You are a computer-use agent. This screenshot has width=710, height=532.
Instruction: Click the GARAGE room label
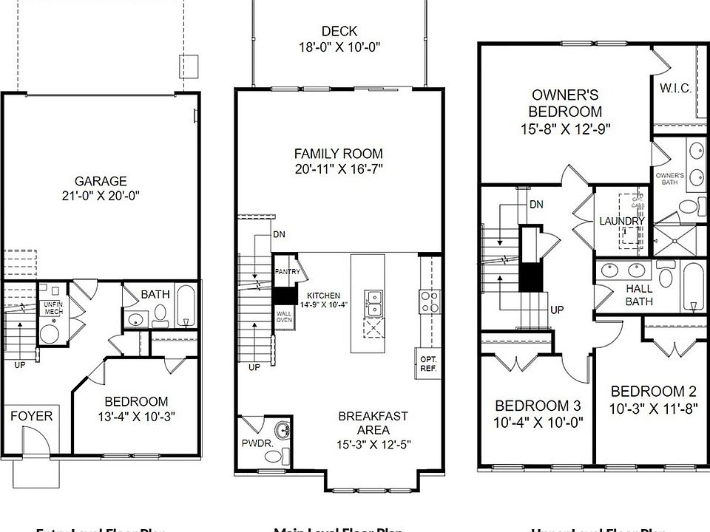[x=101, y=181]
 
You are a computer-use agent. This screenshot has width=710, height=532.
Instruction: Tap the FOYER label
[x=32, y=416]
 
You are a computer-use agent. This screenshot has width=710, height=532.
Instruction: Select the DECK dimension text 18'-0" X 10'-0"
[x=339, y=46]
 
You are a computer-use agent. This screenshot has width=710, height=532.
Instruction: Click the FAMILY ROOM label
[x=339, y=154]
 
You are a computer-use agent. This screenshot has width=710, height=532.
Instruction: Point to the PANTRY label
[x=286, y=272]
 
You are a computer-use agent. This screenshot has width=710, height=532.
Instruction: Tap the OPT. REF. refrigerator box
[x=427, y=364]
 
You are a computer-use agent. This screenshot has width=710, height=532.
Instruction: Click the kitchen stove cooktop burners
[x=430, y=301]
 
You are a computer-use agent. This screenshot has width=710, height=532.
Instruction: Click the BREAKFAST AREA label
[x=373, y=417]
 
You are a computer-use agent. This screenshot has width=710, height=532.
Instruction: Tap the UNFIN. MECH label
[x=53, y=307]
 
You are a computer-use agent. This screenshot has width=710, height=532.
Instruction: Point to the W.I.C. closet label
[x=674, y=89]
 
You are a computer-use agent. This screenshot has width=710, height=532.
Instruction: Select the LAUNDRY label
[x=621, y=221]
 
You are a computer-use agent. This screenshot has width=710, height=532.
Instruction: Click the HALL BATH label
[x=639, y=295]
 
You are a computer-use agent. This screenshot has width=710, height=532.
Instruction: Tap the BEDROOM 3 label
[x=538, y=406]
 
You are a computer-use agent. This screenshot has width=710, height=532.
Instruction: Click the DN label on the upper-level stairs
[x=536, y=204]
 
